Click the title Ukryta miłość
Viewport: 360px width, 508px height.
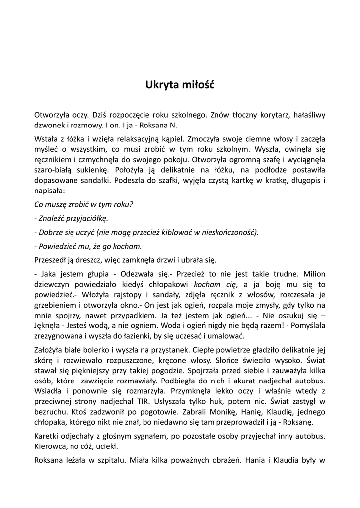(x=179, y=85)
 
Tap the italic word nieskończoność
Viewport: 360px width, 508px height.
(x=229, y=232)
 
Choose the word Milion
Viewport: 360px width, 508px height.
(x=314, y=273)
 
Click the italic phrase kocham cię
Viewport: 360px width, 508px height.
(x=215, y=284)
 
